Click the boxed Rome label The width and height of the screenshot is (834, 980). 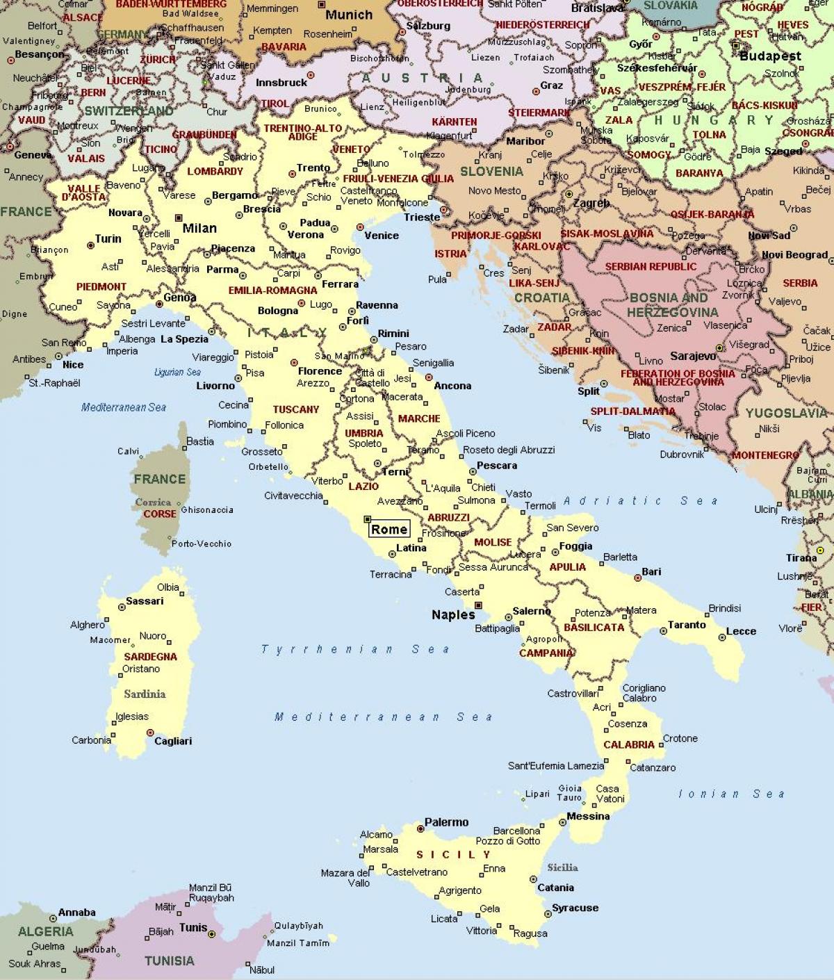coord(389,529)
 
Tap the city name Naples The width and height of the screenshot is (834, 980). coord(453,614)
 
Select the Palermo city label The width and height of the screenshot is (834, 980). coord(446,822)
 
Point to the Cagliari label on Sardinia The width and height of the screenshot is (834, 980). coord(173,741)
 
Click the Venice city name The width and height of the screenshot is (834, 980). coord(381,235)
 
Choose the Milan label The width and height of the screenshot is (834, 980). coord(199,228)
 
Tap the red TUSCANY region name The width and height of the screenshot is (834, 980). coord(295,409)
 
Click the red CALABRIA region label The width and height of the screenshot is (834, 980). coord(628,744)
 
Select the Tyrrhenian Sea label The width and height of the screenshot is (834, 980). coord(355,649)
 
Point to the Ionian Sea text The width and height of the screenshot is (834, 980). coord(731,794)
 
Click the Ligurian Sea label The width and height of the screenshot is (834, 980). coord(177,373)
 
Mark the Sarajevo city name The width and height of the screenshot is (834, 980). coord(693,356)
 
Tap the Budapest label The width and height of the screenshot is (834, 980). coord(770,56)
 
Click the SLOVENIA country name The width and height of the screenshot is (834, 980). coord(491,171)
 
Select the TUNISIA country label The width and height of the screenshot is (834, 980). coord(169,961)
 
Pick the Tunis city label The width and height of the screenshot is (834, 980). coord(193,927)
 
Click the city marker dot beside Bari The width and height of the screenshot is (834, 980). coord(637,578)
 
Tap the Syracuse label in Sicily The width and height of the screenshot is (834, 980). coord(575,908)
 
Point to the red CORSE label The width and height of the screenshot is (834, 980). coord(160,514)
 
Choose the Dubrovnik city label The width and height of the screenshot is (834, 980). coord(682,455)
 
